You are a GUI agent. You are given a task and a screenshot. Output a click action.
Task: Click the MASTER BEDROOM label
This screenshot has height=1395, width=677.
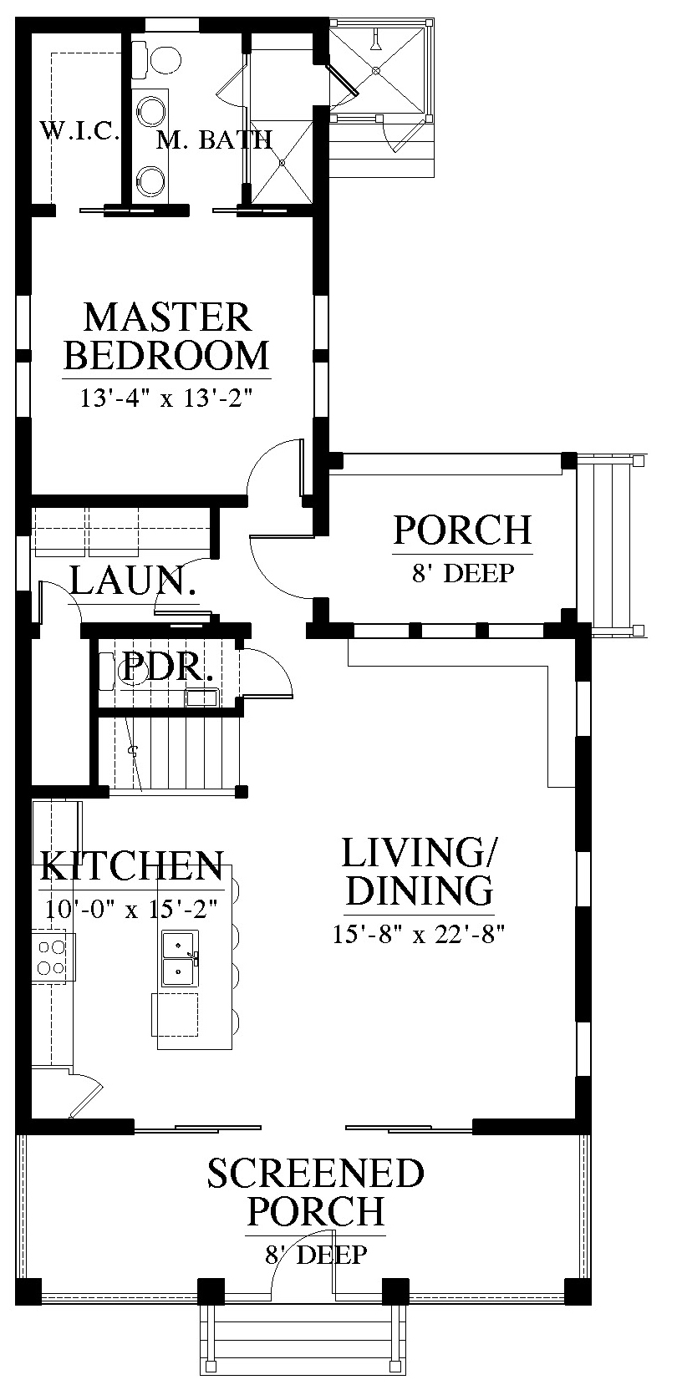[167, 337]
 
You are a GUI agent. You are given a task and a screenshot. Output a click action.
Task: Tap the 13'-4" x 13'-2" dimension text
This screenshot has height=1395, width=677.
[168, 398]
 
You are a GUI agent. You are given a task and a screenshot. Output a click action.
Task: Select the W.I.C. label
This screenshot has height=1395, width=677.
[79, 131]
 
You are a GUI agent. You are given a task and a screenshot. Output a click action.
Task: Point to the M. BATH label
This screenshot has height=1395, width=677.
[215, 139]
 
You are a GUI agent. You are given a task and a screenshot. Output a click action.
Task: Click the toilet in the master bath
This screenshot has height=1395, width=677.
[158, 60]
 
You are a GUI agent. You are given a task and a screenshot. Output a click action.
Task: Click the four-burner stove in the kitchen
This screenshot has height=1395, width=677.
[53, 957]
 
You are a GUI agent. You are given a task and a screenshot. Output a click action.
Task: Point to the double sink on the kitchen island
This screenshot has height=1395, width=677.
[181, 958]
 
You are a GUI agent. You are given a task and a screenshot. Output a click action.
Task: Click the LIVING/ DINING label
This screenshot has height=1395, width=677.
[418, 871]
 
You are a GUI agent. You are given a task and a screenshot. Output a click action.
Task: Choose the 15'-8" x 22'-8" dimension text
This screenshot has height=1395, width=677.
[418, 934]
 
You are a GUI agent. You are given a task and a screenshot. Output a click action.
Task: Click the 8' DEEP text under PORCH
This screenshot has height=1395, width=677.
[462, 572]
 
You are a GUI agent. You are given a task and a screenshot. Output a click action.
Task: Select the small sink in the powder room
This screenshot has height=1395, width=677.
[201, 697]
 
